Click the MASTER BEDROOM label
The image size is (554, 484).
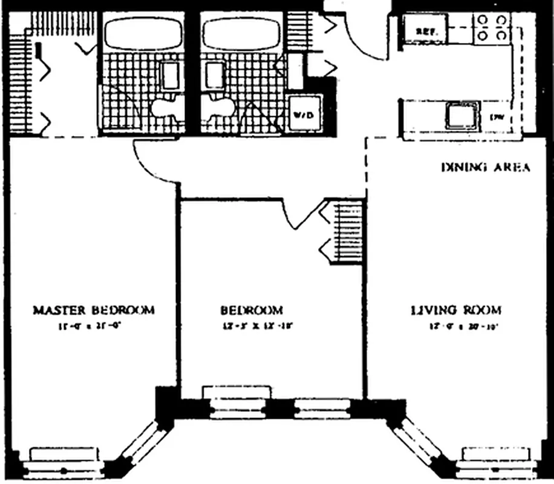coord(93,310)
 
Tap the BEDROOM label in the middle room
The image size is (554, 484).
coord(251,310)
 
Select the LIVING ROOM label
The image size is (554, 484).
coord(455,310)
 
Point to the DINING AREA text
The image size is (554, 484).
coord(487,167)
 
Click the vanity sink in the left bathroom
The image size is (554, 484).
coord(171,76)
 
